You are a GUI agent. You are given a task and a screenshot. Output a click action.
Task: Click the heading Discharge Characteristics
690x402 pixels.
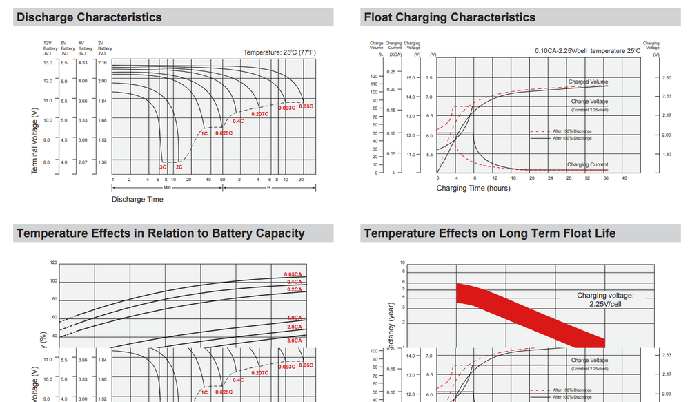[x=89, y=17]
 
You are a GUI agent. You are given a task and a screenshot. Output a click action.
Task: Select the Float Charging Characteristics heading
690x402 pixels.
[x=449, y=17]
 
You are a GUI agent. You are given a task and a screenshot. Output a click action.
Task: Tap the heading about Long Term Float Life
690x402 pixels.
[x=490, y=233]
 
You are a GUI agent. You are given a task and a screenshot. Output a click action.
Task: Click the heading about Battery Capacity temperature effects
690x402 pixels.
[x=160, y=233]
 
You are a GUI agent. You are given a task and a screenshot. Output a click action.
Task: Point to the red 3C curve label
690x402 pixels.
[x=163, y=167]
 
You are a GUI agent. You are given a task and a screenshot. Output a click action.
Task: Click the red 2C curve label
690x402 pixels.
[x=179, y=167]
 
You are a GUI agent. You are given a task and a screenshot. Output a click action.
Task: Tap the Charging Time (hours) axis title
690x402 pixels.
[x=473, y=188]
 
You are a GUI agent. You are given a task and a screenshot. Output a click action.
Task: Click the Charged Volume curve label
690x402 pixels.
[x=588, y=82]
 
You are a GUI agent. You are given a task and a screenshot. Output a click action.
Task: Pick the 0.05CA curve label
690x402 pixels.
[x=294, y=274]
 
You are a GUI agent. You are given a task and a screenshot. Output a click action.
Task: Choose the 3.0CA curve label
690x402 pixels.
[x=294, y=341]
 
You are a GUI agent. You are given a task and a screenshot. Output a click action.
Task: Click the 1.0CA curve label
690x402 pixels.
[x=294, y=317]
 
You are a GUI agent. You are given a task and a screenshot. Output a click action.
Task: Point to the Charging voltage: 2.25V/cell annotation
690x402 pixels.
[x=605, y=300]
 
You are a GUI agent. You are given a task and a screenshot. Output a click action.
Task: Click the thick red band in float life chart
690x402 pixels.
[x=531, y=314]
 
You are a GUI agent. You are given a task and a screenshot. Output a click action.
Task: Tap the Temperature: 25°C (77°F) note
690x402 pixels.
[x=279, y=52]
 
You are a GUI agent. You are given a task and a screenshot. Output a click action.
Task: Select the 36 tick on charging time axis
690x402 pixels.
[x=606, y=178]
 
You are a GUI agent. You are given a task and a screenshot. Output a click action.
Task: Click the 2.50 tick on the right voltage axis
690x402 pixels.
[x=667, y=78]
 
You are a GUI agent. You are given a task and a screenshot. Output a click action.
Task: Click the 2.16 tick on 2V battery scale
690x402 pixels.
[x=103, y=63]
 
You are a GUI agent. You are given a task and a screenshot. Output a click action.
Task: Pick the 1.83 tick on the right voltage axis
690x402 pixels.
[x=667, y=154]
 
